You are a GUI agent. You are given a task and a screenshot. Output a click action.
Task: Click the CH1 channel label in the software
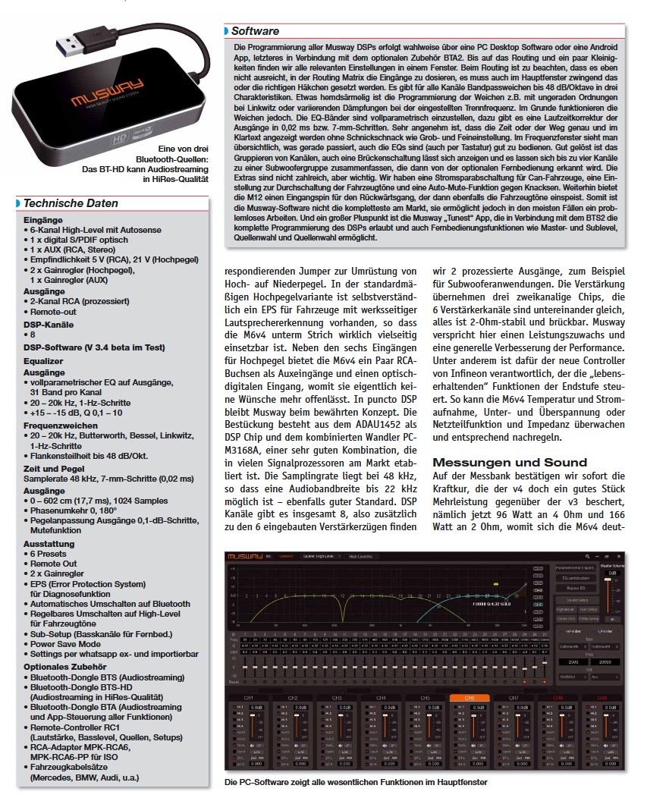[248, 698]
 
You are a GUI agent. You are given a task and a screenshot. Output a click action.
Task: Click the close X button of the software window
[620, 555]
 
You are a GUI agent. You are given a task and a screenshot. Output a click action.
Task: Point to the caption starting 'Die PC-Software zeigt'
[355, 781]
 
